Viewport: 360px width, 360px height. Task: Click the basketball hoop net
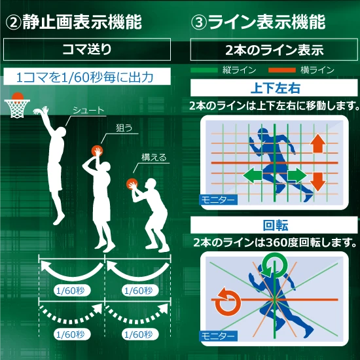coord(17,109)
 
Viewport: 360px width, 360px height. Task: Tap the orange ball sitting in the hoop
coord(18,96)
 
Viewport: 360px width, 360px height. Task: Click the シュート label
coord(88,111)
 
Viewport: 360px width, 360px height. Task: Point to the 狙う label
coord(124,128)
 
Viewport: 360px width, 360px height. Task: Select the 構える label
coord(154,158)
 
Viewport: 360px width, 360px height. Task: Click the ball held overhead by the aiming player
coord(97,151)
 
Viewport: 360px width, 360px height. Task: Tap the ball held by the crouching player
coord(132,184)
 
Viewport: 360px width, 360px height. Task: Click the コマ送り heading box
coord(87,49)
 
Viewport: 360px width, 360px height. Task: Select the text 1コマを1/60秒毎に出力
coord(84,77)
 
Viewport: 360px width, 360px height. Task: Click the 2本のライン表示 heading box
coord(274,50)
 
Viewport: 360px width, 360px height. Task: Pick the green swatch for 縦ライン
coord(204,70)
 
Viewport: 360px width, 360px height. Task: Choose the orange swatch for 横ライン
coord(282,70)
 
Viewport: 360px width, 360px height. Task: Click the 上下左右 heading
coord(274,88)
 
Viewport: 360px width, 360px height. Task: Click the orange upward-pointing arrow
coord(317,143)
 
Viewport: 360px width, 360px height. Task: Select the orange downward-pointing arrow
coord(317,182)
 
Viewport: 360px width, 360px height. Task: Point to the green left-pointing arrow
coord(253,175)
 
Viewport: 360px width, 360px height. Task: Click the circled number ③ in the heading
coord(199,23)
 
